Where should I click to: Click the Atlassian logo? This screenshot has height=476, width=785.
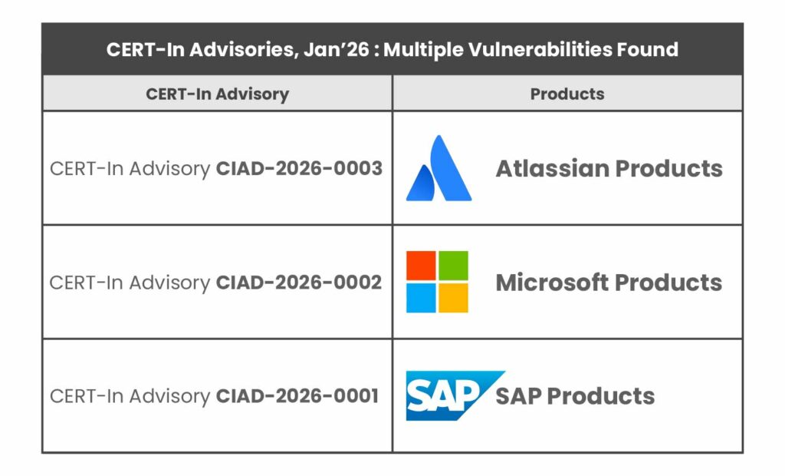coord(438,169)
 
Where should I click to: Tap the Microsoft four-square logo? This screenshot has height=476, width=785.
coord(437,282)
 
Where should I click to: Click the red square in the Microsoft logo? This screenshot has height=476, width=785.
coord(421,266)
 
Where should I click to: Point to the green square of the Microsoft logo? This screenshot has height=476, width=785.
coord(453,266)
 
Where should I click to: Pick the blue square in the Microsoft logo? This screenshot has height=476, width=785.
coord(421,298)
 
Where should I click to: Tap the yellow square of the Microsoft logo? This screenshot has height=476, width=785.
coord(453,298)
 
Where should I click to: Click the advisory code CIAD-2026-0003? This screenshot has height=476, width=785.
coord(299,168)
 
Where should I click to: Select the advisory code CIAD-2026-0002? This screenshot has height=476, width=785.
coord(299,282)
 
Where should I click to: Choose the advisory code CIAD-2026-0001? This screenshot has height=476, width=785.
coord(297,395)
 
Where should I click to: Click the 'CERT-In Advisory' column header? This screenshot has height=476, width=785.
coord(217,94)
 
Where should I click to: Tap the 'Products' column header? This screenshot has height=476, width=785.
coord(567,94)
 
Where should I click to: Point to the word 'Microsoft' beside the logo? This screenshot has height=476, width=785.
coord(552,282)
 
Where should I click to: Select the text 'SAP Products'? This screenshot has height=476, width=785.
coord(575,395)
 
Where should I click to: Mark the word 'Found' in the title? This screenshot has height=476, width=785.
coord(650,50)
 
